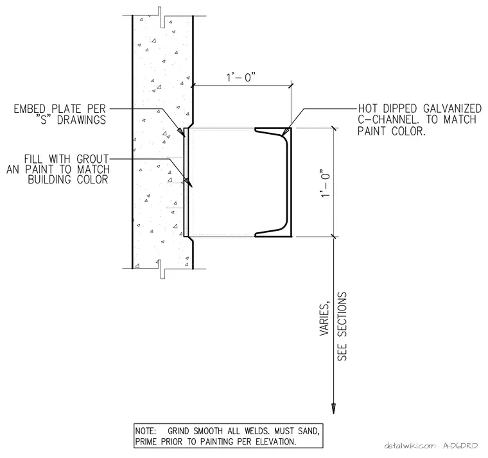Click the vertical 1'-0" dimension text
click(x=325, y=183)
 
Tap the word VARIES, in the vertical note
click(x=325, y=319)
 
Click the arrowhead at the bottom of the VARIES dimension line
click(x=334, y=409)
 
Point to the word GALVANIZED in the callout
click(x=452, y=108)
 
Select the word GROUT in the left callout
click(x=92, y=159)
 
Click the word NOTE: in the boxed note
click(x=145, y=431)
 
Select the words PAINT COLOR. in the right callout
click(x=391, y=131)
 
